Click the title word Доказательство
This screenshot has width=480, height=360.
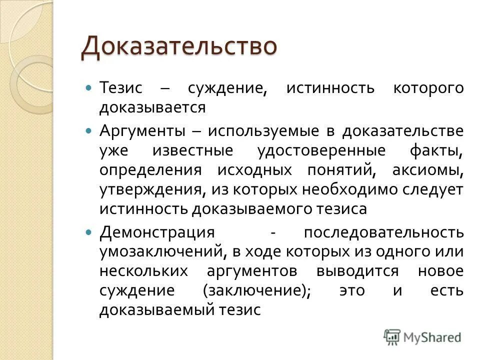click(x=178, y=47)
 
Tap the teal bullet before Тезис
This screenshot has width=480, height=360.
click(x=89, y=88)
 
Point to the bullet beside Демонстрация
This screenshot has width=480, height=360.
click(x=89, y=232)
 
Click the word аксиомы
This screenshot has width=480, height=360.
click(x=428, y=170)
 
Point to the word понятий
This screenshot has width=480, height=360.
click(x=344, y=170)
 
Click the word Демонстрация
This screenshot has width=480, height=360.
click(x=157, y=233)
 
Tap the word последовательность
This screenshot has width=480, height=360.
click(x=383, y=233)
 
